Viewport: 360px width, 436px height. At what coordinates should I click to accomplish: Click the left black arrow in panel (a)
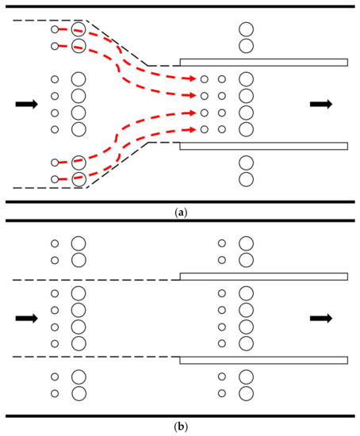[25, 104]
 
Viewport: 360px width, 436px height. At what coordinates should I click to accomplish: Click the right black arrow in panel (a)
[321, 104]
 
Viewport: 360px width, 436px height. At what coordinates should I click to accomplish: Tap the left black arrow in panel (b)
[25, 319]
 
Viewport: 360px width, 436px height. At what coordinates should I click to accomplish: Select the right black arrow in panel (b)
[321, 319]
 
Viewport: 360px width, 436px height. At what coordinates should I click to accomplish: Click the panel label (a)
[180, 212]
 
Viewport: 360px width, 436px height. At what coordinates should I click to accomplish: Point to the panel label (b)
[180, 427]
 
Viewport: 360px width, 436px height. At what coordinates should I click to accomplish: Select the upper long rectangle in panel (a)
[263, 62]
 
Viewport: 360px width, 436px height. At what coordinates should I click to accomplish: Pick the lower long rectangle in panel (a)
[263, 146]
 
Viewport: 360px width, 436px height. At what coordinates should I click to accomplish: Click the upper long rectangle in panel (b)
[263, 276]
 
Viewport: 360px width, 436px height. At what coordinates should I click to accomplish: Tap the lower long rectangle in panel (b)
[263, 361]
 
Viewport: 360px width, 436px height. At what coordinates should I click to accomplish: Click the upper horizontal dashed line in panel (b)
[95, 279]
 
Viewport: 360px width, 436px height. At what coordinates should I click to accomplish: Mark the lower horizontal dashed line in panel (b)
[95, 358]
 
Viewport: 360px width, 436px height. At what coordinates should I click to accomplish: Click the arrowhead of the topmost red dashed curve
[193, 79]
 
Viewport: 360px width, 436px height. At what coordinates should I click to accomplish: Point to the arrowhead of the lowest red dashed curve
[193, 128]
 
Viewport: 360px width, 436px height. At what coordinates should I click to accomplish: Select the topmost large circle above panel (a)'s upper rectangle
[246, 29]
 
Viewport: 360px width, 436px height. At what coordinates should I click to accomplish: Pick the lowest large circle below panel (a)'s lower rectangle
[246, 179]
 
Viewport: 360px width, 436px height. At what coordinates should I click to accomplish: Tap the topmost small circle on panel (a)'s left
[55, 29]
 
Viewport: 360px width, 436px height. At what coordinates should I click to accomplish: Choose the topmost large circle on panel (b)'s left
[79, 243]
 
